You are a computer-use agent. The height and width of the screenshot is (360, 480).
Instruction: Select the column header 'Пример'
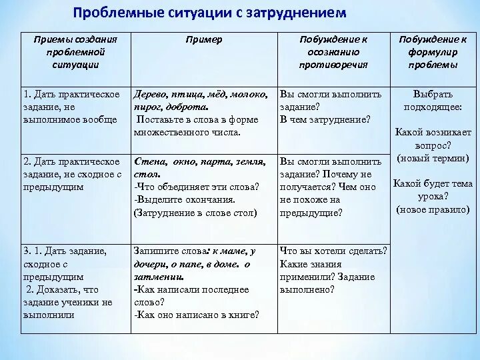tap(203, 39)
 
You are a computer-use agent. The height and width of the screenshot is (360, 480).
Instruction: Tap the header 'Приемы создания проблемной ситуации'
tap(75, 52)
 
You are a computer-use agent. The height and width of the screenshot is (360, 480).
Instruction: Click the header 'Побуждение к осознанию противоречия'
tap(333, 52)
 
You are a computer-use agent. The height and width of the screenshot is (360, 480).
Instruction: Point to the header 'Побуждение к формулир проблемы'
tap(433, 52)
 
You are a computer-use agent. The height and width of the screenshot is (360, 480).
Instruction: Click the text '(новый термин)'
tap(433, 158)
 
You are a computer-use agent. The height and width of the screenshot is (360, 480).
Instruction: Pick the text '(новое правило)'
tap(433, 209)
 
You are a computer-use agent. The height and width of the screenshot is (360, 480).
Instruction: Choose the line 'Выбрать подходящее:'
tap(433, 101)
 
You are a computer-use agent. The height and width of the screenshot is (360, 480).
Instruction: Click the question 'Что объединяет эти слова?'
tap(197, 187)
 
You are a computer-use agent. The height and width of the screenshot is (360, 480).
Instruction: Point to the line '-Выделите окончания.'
tap(185, 199)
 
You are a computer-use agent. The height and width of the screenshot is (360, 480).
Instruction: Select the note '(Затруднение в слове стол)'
tap(195, 213)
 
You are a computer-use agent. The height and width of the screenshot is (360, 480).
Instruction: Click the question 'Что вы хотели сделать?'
tap(333, 251)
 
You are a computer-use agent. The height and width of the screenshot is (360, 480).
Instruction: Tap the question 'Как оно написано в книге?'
tap(197, 315)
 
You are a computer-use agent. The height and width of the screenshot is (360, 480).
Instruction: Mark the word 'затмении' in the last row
tap(158, 277)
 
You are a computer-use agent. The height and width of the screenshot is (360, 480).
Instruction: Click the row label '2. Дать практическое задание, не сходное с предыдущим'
tap(73, 174)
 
